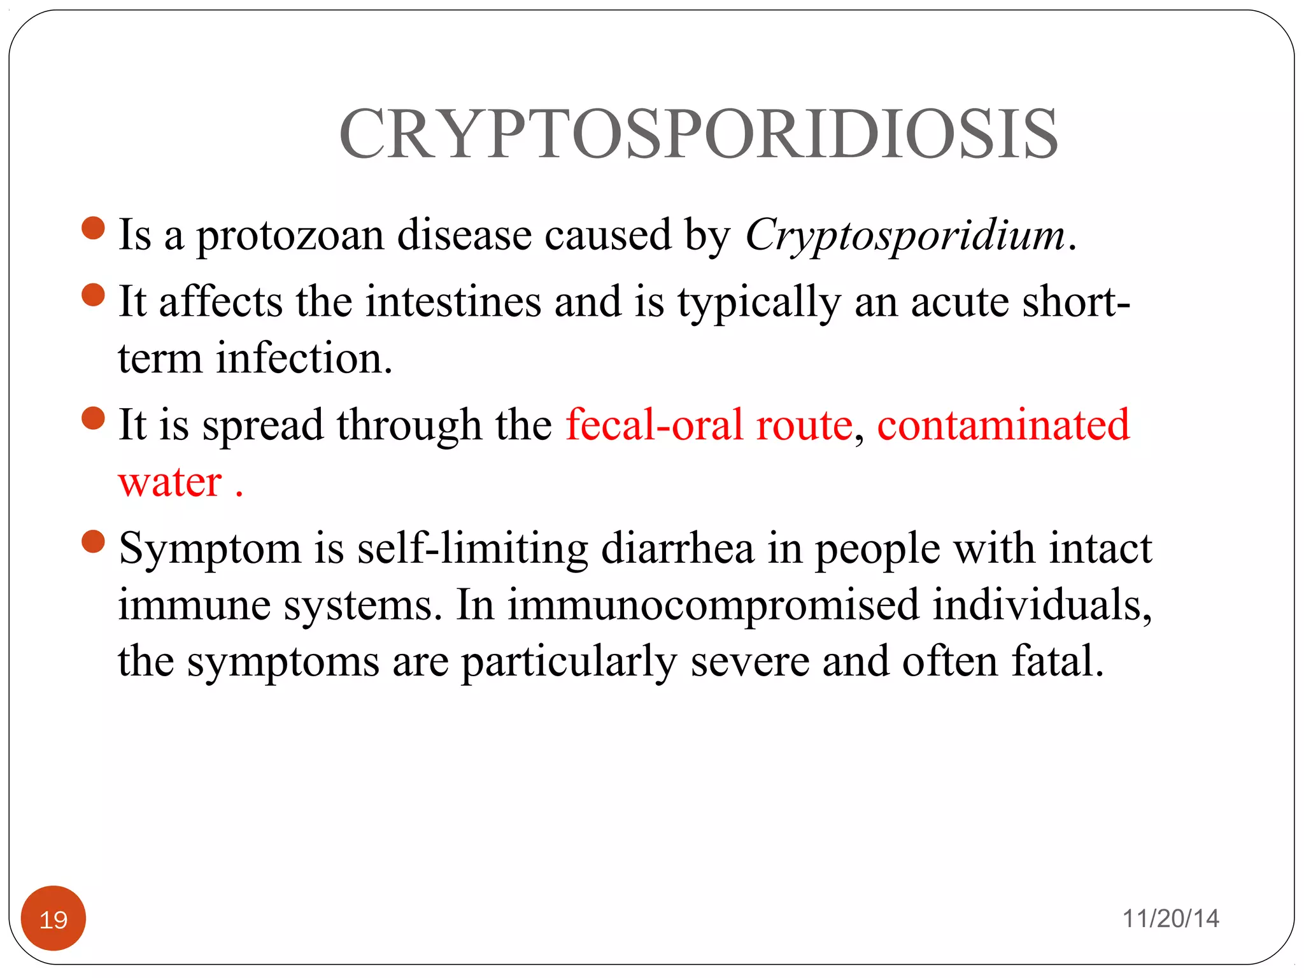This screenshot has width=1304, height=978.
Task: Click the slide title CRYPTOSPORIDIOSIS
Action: [698, 134]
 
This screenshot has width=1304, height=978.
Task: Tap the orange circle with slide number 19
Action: [53, 918]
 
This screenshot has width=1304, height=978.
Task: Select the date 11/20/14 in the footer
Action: [1170, 918]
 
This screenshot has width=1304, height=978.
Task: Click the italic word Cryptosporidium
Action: [905, 236]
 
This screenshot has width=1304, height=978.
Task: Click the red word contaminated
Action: [1003, 425]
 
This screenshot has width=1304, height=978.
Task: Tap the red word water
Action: [170, 481]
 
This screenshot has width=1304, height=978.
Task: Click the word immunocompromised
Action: [713, 604]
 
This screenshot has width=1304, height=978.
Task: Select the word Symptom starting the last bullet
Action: [210, 549]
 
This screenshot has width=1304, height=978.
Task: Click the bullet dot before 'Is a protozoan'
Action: [94, 229]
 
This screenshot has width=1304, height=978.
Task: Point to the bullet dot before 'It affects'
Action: [94, 295]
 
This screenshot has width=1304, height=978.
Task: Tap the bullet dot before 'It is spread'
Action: [94, 418]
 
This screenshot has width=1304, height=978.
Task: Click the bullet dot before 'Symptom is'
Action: [94, 542]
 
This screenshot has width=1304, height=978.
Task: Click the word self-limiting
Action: [472, 549]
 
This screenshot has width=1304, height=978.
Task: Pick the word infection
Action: [304, 358]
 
